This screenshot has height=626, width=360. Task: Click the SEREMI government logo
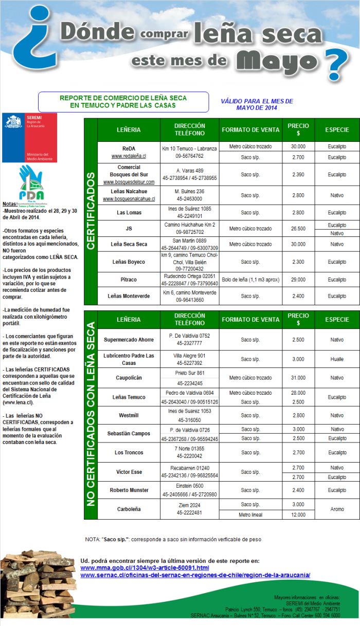click(x=29, y=137)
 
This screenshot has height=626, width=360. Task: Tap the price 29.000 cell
click(x=298, y=280)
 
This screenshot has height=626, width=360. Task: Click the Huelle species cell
click(x=337, y=359)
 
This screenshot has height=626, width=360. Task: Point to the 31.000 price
click(x=298, y=378)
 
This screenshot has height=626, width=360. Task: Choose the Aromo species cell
click(x=337, y=509)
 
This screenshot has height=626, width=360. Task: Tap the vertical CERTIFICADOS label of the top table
click(x=91, y=211)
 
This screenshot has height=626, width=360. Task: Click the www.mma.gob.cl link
click(x=145, y=567)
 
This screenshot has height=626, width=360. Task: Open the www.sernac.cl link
click(x=195, y=575)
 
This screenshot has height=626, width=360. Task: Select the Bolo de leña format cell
click(x=250, y=280)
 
